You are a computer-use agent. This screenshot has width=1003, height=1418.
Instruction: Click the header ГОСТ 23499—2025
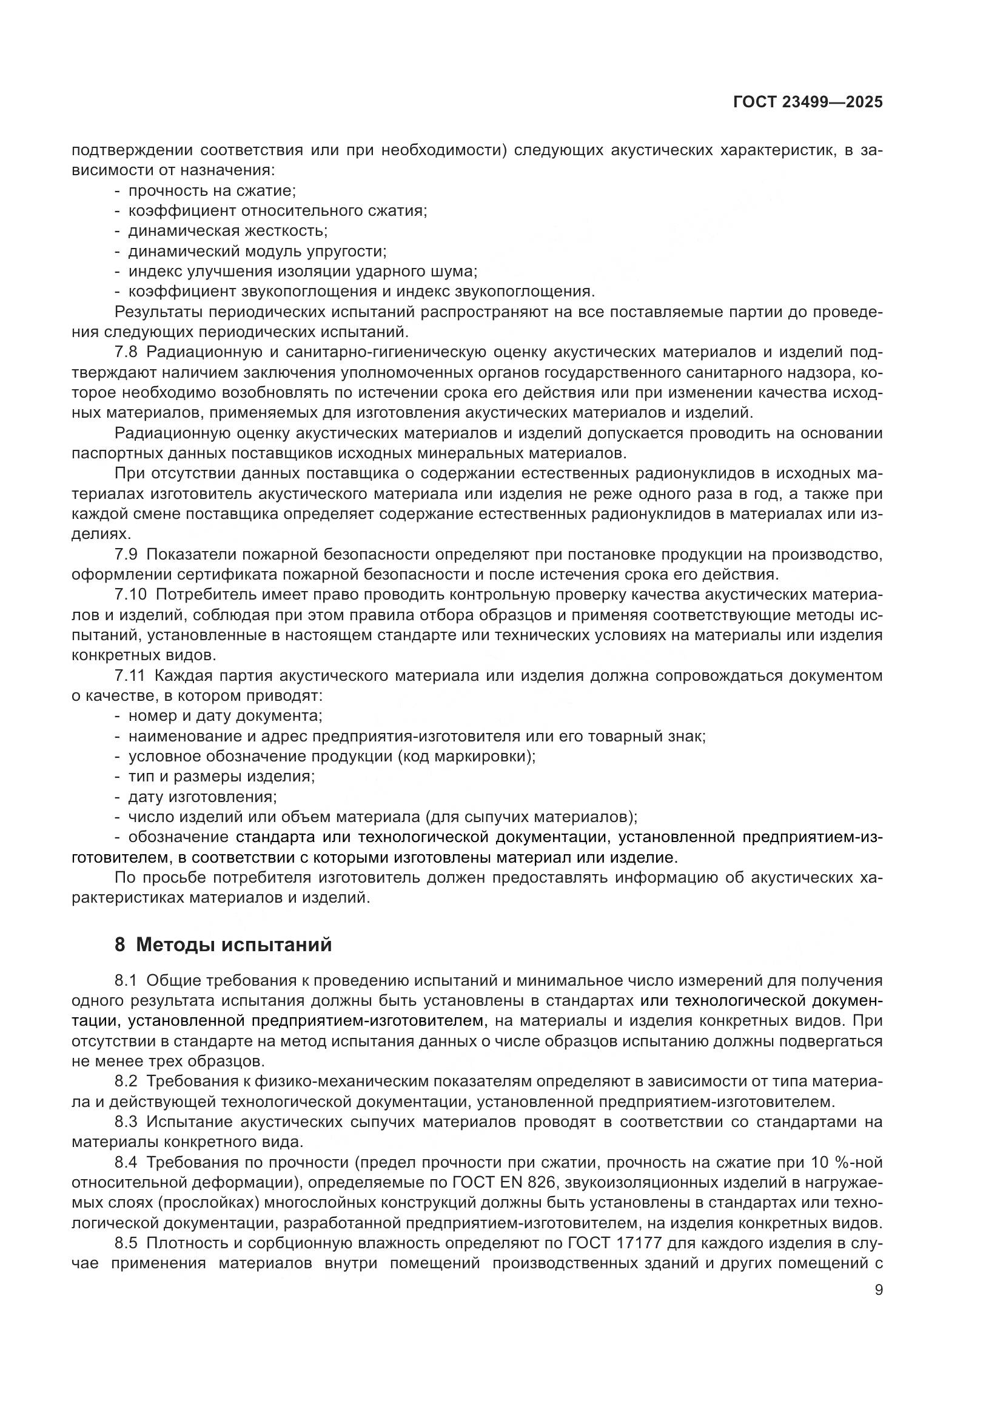[x=808, y=102]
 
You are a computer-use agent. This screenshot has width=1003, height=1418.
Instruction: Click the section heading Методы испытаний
[x=233, y=945]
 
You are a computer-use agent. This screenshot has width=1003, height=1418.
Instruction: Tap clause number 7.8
[x=129, y=353]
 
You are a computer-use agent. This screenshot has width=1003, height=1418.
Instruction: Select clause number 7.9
[x=129, y=555]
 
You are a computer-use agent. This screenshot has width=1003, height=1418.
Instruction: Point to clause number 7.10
[x=131, y=595]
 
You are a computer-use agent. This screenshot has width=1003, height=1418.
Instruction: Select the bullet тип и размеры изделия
[x=221, y=777]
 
